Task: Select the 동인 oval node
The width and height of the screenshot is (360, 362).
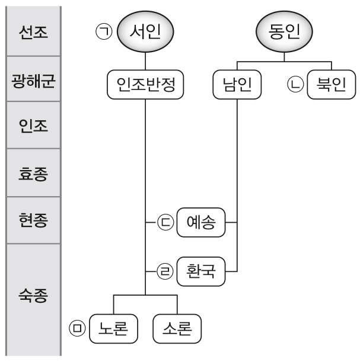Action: tap(283, 31)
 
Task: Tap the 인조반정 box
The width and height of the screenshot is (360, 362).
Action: tap(146, 87)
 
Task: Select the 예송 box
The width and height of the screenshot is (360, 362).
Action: tap(201, 223)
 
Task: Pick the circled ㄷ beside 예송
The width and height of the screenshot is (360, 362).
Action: tap(164, 223)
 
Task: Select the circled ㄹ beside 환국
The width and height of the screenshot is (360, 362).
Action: tap(164, 271)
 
